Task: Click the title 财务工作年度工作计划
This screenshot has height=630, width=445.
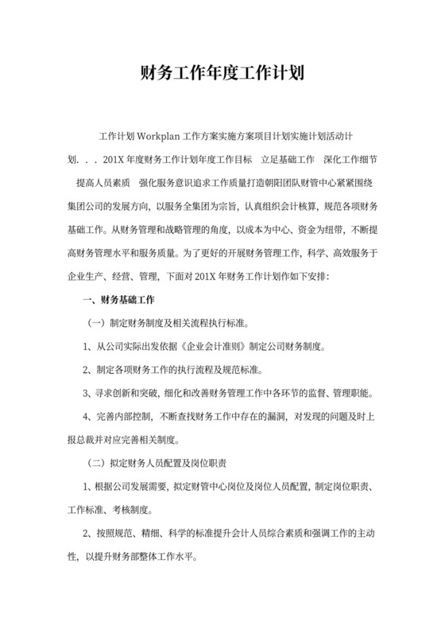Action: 222,75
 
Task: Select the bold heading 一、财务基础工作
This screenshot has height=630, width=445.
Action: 118,301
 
